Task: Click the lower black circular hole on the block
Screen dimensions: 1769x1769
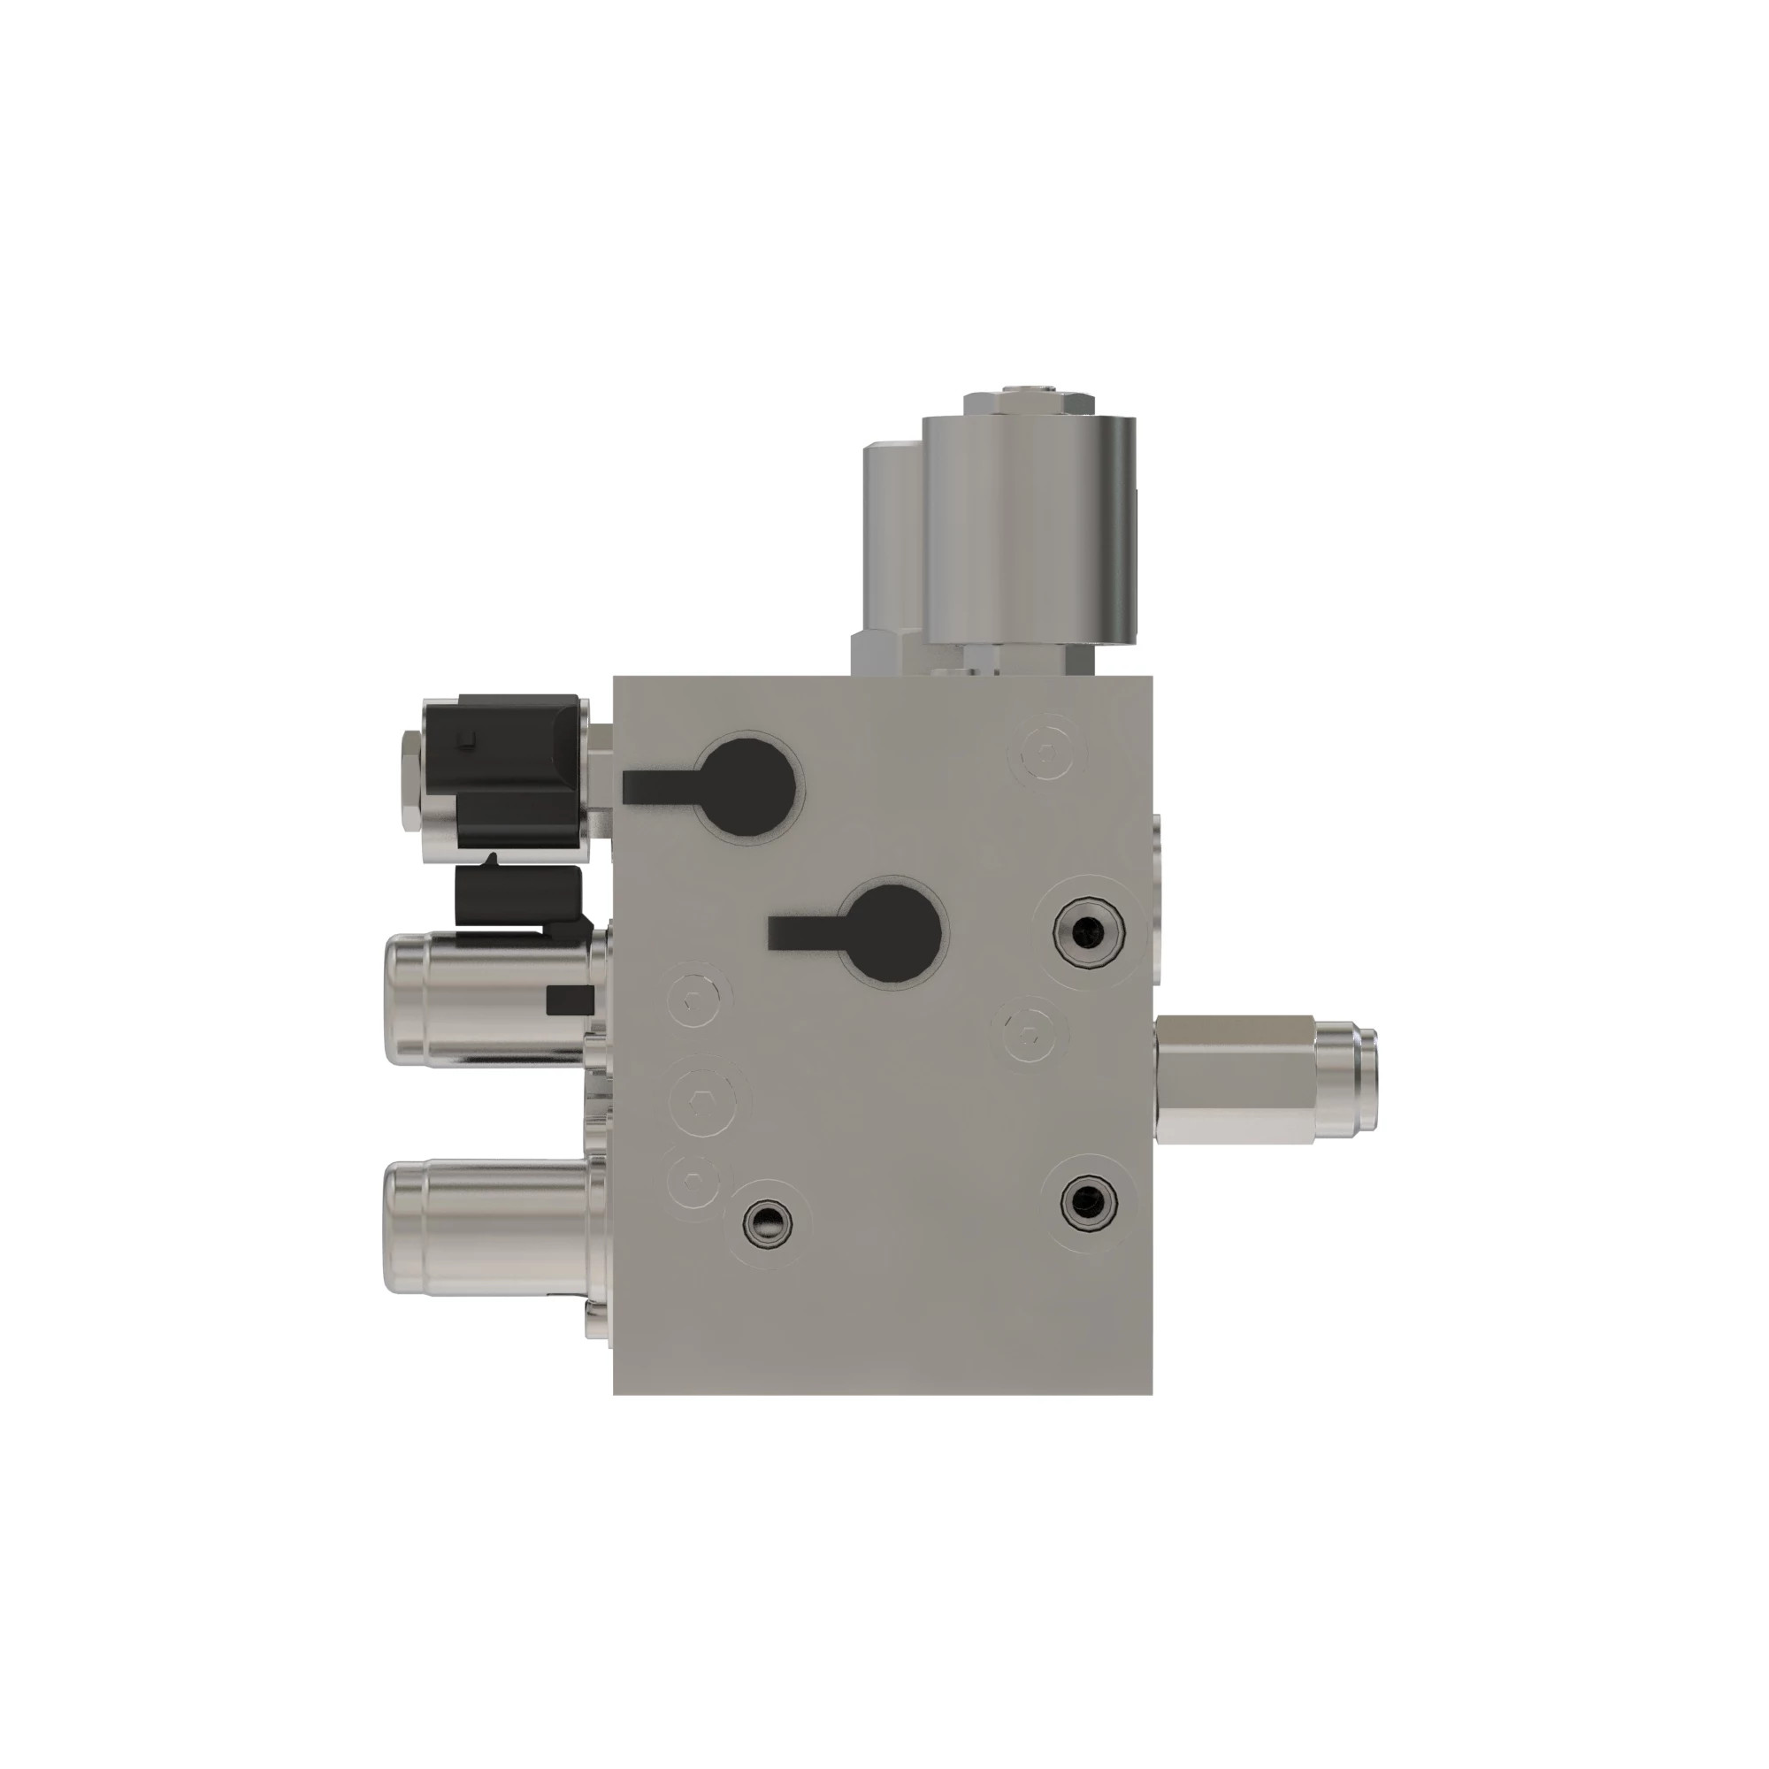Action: [x=892, y=933]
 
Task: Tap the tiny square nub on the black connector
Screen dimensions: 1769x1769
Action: [x=468, y=739]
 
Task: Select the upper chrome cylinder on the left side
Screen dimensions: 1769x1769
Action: [x=486, y=999]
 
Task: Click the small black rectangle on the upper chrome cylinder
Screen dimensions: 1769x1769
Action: [x=564, y=999]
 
